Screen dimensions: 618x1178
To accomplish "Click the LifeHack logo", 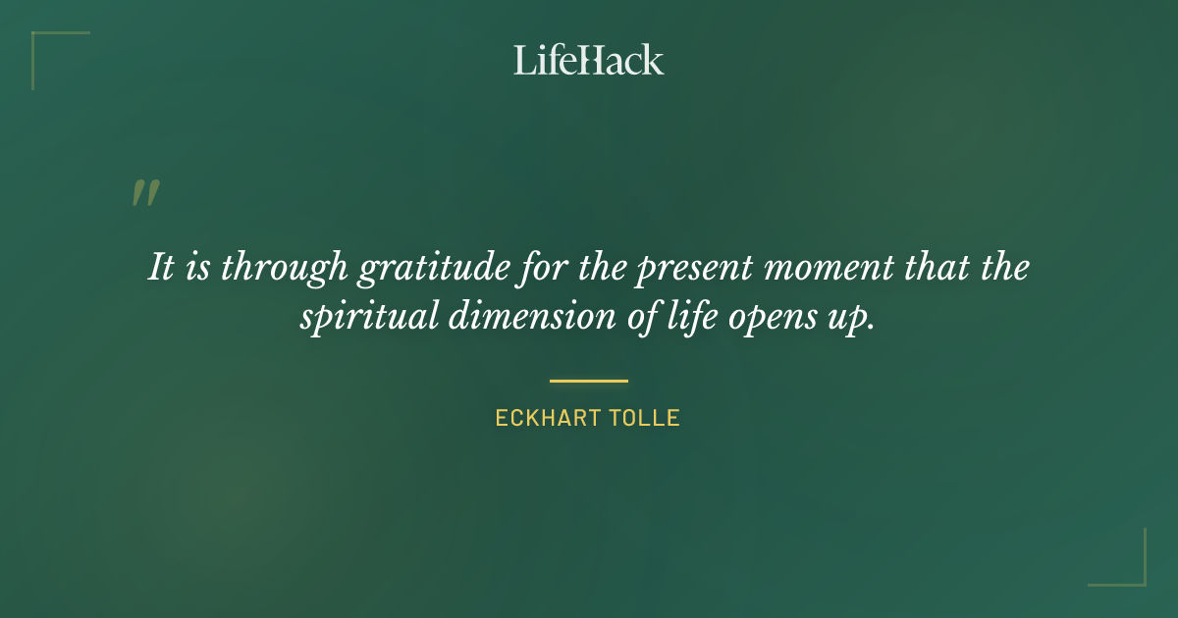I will pyautogui.click(x=589, y=60).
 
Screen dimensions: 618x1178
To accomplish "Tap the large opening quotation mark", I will pyautogui.click(x=145, y=193).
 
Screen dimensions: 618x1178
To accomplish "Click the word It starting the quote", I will pyautogui.click(x=162, y=268).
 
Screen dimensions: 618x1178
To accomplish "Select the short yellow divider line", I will pyautogui.click(x=589, y=381).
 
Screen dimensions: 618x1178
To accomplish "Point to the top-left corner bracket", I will pyautogui.click(x=44, y=44).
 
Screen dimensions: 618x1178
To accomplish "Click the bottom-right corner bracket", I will pyautogui.click(x=1133, y=573).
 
